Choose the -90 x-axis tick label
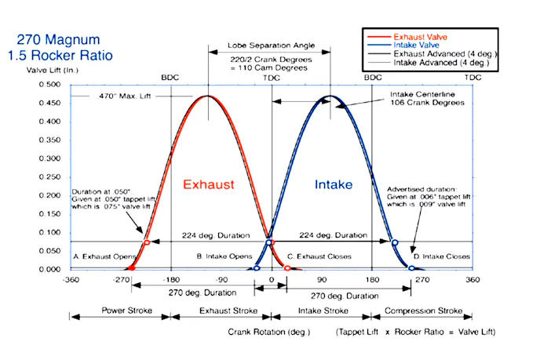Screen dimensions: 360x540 tap(223, 279)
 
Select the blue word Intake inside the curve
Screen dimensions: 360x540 tap(333, 185)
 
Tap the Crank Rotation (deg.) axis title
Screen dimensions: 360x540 tap(269, 332)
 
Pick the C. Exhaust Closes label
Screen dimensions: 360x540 tap(319, 256)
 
